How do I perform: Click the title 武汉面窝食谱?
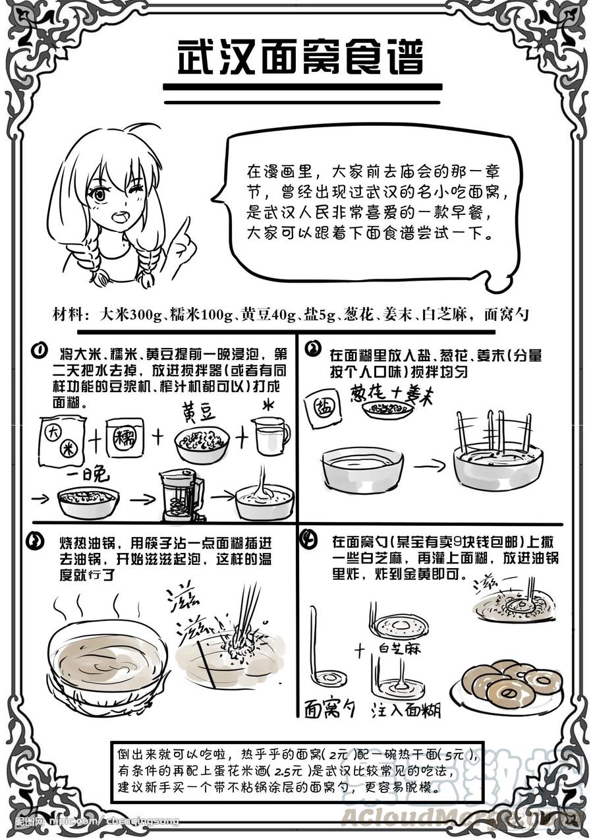pos(300,59)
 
